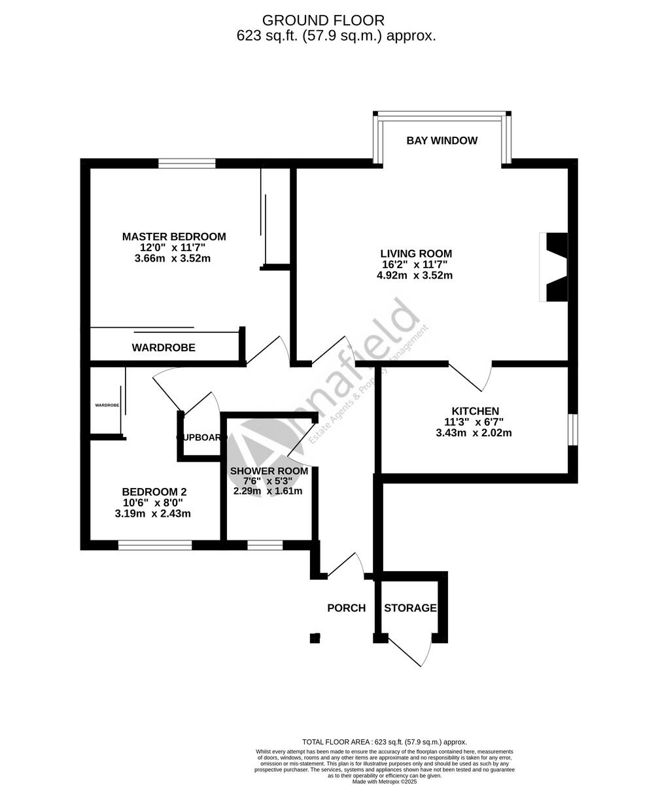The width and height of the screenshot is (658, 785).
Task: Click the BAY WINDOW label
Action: click(x=442, y=141)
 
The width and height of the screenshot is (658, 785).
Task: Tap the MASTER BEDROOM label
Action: click(x=174, y=237)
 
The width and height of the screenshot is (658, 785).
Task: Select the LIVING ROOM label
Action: click(x=416, y=254)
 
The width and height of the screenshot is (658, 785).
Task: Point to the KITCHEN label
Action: click(x=476, y=411)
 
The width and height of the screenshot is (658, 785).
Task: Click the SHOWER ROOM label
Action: click(x=269, y=471)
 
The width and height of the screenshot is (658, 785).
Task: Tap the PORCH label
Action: click(x=346, y=608)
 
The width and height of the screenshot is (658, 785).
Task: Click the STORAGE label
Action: click(x=410, y=608)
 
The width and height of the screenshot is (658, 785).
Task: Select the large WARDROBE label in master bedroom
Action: click(x=164, y=348)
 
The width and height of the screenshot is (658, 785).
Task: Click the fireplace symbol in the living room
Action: click(x=555, y=267)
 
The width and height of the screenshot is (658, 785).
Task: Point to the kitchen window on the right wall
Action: click(x=572, y=429)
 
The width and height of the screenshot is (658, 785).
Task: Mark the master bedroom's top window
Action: click(x=186, y=164)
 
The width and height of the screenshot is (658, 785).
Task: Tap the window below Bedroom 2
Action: click(x=155, y=545)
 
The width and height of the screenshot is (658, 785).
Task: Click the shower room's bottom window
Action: click(x=265, y=545)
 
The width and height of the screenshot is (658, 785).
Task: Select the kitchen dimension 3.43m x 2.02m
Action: click(x=474, y=433)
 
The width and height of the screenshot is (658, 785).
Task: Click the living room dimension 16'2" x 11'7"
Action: click(x=415, y=265)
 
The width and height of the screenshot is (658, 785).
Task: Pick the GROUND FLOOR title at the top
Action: click(x=323, y=21)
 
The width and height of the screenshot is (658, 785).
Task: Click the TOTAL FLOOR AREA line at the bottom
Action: click(x=385, y=742)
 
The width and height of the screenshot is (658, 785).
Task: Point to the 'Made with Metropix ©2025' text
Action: click(x=385, y=781)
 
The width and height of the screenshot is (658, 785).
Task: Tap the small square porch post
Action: click(x=315, y=638)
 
